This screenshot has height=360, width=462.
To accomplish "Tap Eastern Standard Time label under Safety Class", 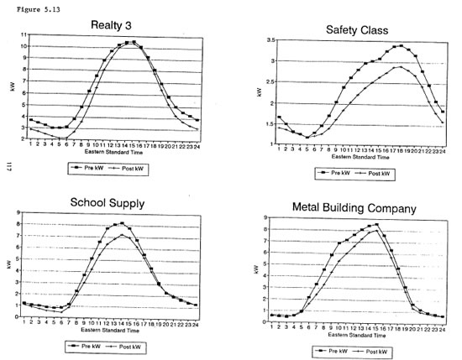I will coord(360,157).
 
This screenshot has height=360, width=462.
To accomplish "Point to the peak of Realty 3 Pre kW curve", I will coord(130,42).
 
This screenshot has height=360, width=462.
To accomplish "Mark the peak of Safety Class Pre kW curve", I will coord(402,46).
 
